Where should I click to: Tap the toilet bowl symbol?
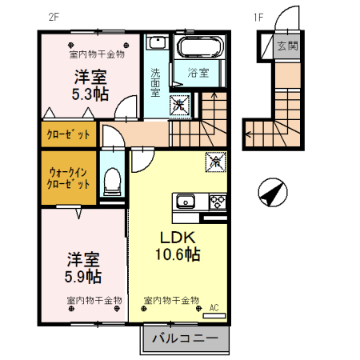112,181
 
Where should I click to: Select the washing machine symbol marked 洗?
179,105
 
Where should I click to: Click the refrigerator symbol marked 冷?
215,162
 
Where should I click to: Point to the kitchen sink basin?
186,201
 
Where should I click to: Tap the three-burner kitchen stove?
218,202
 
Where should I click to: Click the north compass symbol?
273,192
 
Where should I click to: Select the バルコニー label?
185,338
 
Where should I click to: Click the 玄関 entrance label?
287,46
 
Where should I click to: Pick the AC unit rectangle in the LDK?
214,315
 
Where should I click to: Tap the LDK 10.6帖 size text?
178,246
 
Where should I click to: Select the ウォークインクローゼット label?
68,178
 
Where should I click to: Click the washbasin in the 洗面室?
158,42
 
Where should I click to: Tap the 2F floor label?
54,17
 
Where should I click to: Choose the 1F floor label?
258,18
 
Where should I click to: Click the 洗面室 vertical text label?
155,82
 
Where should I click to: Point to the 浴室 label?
198,73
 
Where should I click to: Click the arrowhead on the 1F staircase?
247,134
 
